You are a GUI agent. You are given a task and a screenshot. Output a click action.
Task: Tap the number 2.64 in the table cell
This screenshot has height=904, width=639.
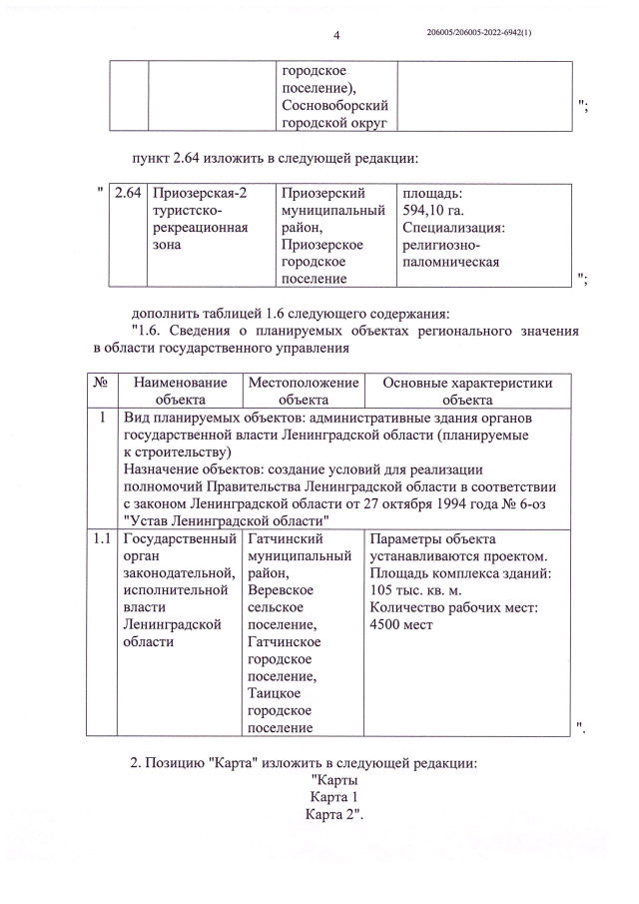[x=128, y=193]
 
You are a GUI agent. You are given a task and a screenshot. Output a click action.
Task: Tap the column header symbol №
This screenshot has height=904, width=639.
[x=101, y=383]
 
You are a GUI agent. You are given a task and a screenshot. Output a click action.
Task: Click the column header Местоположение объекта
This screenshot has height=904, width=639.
[x=303, y=392]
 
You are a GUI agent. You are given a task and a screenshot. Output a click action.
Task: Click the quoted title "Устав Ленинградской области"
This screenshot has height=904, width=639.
[x=226, y=520]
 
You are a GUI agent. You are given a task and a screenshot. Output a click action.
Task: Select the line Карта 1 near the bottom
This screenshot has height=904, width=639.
[x=334, y=798]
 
